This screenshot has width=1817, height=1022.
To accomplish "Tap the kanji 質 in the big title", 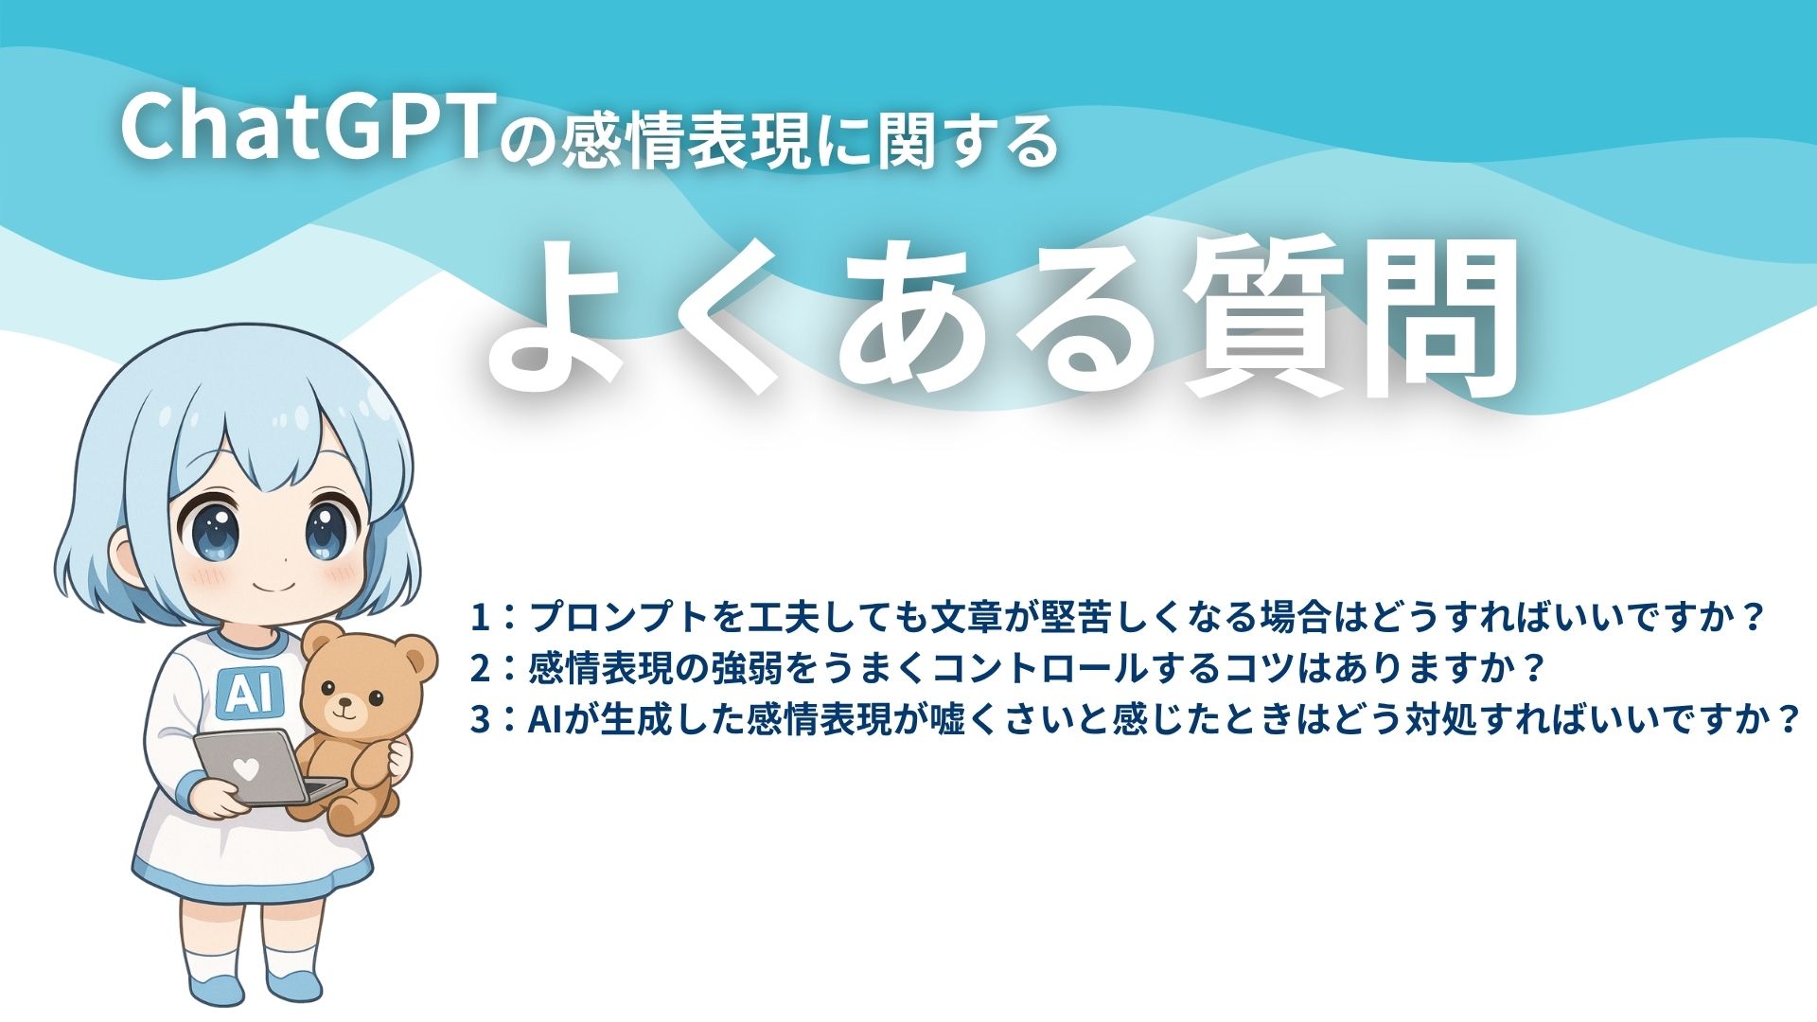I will (1264, 317).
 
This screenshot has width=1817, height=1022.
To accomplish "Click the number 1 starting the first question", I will (481, 617).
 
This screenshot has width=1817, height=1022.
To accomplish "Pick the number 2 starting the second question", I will (481, 669).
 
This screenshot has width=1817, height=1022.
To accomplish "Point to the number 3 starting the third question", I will (481, 720).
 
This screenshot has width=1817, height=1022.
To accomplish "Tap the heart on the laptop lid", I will (245, 769).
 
